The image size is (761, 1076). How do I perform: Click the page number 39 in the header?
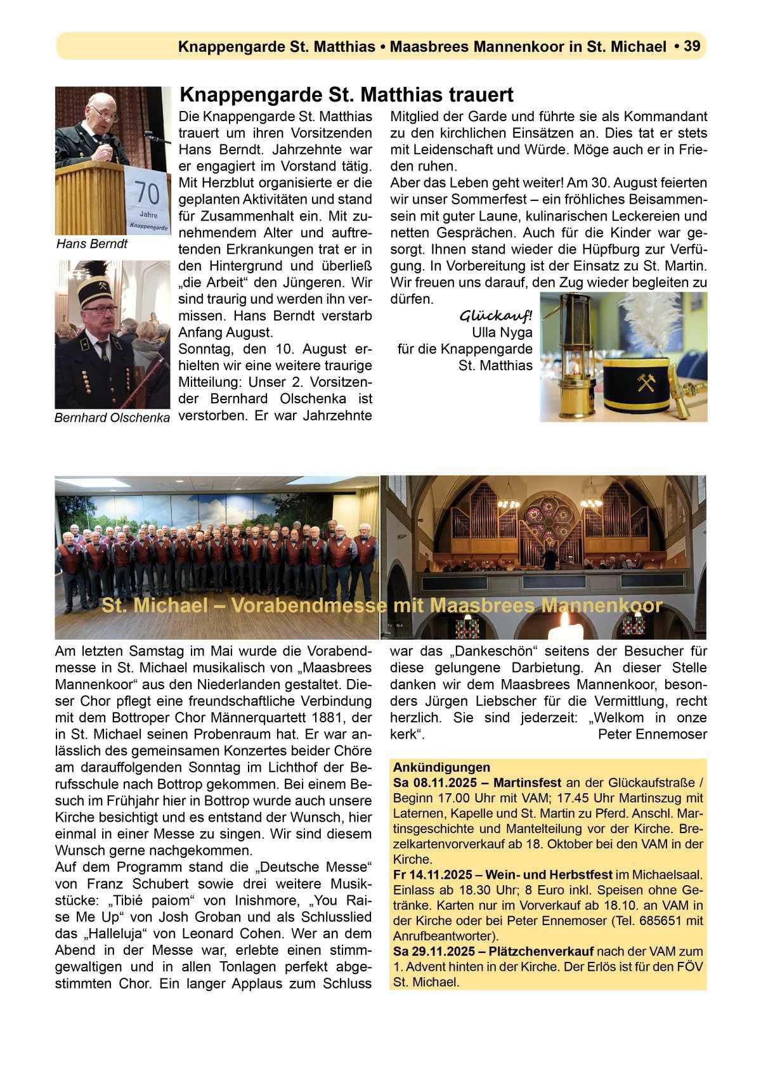click(691, 46)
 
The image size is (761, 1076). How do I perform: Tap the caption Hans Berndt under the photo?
click(92, 244)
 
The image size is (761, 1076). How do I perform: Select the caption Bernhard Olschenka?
click(112, 418)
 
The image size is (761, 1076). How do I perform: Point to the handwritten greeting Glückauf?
click(495, 316)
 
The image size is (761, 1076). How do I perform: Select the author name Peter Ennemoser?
click(653, 734)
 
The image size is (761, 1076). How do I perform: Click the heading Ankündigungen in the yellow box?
click(433, 767)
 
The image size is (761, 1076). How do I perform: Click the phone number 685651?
click(665, 921)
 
